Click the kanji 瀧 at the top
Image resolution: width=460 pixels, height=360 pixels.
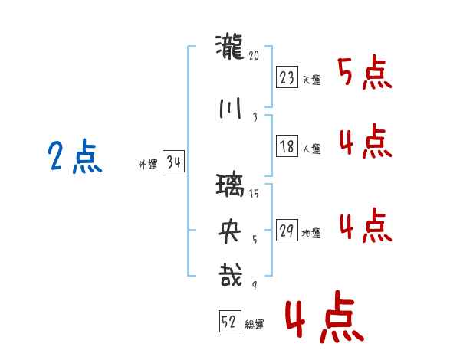pos(230,47)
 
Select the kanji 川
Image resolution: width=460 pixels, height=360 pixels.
pos(230,109)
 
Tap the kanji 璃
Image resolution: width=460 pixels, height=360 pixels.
pos(230,185)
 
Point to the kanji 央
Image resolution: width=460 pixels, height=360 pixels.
pos(230,231)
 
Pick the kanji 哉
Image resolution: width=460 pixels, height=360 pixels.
pos(231,275)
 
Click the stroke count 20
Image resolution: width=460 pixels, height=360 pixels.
pos(254,55)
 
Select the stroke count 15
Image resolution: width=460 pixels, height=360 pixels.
pos(254,193)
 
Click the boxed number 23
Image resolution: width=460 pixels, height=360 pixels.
pos(287,77)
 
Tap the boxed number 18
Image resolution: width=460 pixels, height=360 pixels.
pos(287,146)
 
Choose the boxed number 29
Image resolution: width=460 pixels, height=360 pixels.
pos(287,230)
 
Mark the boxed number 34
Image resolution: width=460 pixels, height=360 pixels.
pos(173,161)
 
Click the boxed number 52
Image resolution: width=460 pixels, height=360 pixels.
pos(230,321)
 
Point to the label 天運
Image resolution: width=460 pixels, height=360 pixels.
pos(312,80)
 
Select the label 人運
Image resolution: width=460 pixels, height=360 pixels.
pos(312,149)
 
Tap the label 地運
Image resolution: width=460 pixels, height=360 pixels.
pos(311,234)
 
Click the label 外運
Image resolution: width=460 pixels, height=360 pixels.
pos(148,165)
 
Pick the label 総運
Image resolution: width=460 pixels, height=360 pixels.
pos(255,325)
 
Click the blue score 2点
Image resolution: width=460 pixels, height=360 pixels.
pos(75,156)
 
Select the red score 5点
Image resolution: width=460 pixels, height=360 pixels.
pos(365,72)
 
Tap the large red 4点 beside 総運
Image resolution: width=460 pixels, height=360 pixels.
pos(325,316)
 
